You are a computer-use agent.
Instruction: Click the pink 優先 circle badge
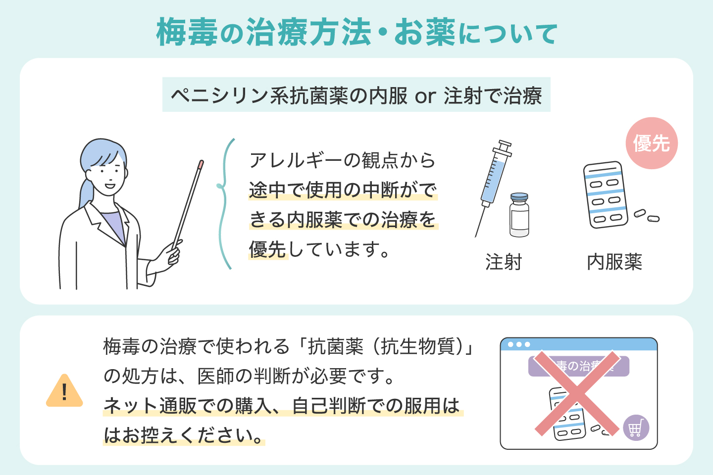tap(652, 143)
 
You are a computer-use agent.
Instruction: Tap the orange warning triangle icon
tap(64, 391)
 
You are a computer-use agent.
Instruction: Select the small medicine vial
tap(519, 215)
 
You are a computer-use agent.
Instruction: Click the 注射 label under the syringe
tap(503, 262)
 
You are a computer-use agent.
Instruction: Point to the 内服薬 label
tap(614, 262)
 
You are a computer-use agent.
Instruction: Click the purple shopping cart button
tap(636, 427)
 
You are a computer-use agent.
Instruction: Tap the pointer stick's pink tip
tap(201, 164)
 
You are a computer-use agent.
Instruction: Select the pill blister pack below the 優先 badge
tap(606, 195)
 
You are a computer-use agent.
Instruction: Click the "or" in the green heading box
tap(425, 96)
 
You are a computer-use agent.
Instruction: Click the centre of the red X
tap(577, 393)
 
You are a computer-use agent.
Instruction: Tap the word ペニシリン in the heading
tap(219, 95)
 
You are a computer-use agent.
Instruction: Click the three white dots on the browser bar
tap(519, 344)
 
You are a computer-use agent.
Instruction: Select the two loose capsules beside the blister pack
tap(647, 216)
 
